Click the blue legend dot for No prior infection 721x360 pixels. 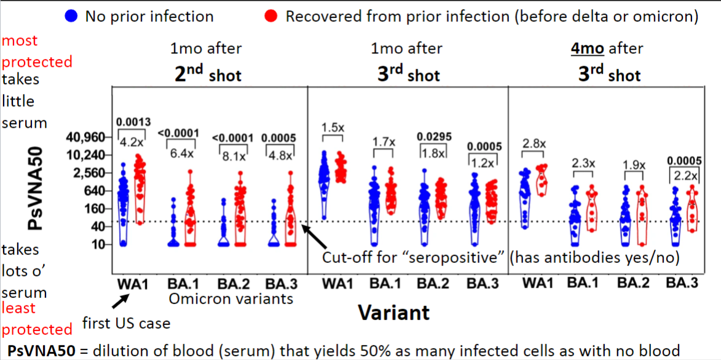[71, 17]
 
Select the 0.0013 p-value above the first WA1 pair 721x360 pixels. [134, 122]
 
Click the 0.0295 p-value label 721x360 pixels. [433, 136]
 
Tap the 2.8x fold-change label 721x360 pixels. [534, 143]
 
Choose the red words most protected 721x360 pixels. [37, 51]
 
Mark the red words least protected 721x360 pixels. [37, 318]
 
